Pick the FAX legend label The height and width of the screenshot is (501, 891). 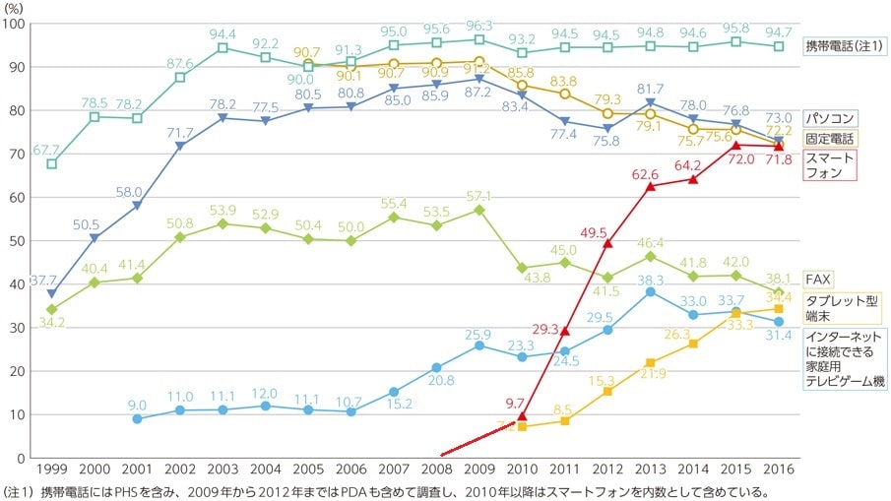[818, 280]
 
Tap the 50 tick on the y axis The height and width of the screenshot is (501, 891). [18, 240]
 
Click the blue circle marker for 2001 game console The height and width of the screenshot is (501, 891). [138, 418]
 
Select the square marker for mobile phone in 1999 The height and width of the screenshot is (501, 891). [52, 163]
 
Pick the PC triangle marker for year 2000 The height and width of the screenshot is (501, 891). [95, 238]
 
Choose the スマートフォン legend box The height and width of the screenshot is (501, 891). [830, 164]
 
